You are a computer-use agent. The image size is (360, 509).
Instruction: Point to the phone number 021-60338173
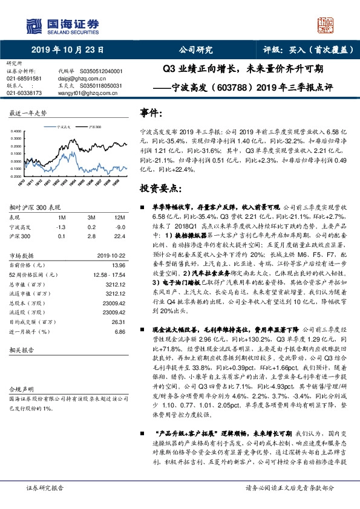click(x=24, y=93)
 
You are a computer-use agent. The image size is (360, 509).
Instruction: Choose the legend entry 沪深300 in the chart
click(x=96, y=126)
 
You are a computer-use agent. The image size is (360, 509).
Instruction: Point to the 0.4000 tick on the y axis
click(x=19, y=131)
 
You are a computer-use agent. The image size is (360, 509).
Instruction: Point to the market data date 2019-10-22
click(x=110, y=256)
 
